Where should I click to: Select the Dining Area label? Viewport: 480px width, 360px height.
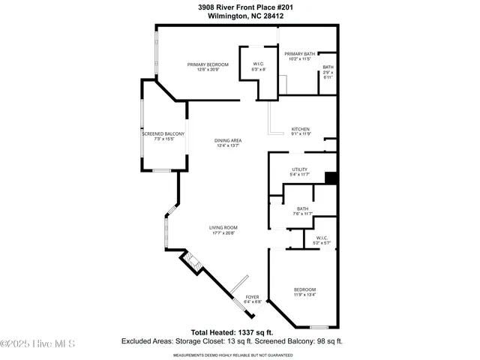(x=227, y=141)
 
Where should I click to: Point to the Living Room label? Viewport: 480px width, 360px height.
(x=223, y=227)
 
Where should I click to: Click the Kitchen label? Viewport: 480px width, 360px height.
(x=301, y=129)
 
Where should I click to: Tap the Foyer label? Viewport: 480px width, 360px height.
(x=253, y=298)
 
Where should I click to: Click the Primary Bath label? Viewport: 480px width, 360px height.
(x=300, y=54)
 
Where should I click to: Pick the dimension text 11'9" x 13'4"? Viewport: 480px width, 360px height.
(x=304, y=295)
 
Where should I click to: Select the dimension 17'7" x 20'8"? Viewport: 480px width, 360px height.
(x=223, y=233)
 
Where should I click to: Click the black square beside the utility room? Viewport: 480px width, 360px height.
(x=331, y=178)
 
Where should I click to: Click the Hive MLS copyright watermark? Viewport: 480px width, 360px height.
(x=37, y=344)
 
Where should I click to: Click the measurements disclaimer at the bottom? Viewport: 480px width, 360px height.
(x=240, y=355)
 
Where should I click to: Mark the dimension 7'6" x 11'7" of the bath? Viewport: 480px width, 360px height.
(x=302, y=214)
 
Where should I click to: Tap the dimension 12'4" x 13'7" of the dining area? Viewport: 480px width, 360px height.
(x=227, y=146)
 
